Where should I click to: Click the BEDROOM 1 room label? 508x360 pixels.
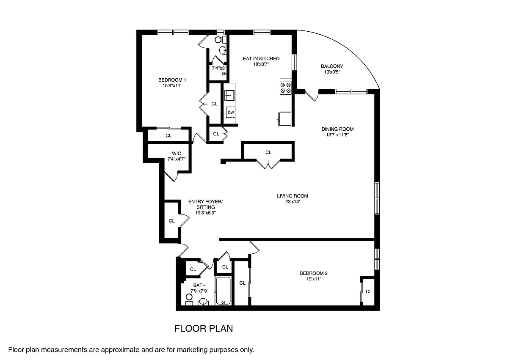[x=172, y=80]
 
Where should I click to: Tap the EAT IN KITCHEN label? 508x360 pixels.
[x=261, y=58]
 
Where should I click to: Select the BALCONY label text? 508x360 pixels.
[x=332, y=66]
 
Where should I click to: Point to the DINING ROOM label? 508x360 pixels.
[x=337, y=129]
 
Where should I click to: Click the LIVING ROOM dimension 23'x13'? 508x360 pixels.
[x=293, y=202]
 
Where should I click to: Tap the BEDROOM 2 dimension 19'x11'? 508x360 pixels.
[x=313, y=279]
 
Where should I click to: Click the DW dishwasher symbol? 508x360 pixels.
[x=231, y=113]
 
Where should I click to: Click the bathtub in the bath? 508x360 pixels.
[x=223, y=291]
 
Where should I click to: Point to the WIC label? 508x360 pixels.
[x=177, y=154]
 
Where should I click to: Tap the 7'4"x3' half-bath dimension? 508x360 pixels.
[x=218, y=68]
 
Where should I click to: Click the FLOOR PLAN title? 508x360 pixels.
[x=204, y=328]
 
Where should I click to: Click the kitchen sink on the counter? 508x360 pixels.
[x=229, y=95]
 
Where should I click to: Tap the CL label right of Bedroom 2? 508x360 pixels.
[x=369, y=291]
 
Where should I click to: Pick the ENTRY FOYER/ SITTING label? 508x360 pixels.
[x=205, y=204]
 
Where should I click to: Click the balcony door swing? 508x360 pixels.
[x=312, y=96]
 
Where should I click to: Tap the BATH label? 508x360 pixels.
[x=199, y=285]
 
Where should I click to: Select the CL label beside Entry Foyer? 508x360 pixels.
[x=171, y=221]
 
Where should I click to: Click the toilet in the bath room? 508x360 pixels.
[x=189, y=300]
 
